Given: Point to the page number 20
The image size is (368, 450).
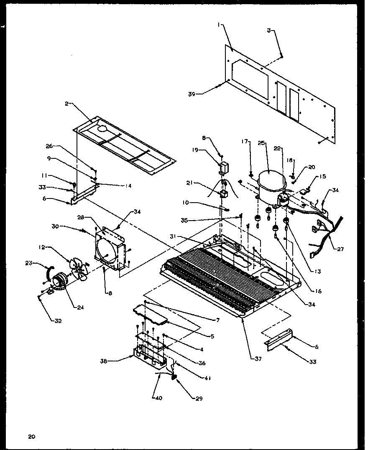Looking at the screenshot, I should (x=32, y=437).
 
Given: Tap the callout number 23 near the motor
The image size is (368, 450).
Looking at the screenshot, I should (x=28, y=263).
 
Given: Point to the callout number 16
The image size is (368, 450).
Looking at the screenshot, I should (x=319, y=291).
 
